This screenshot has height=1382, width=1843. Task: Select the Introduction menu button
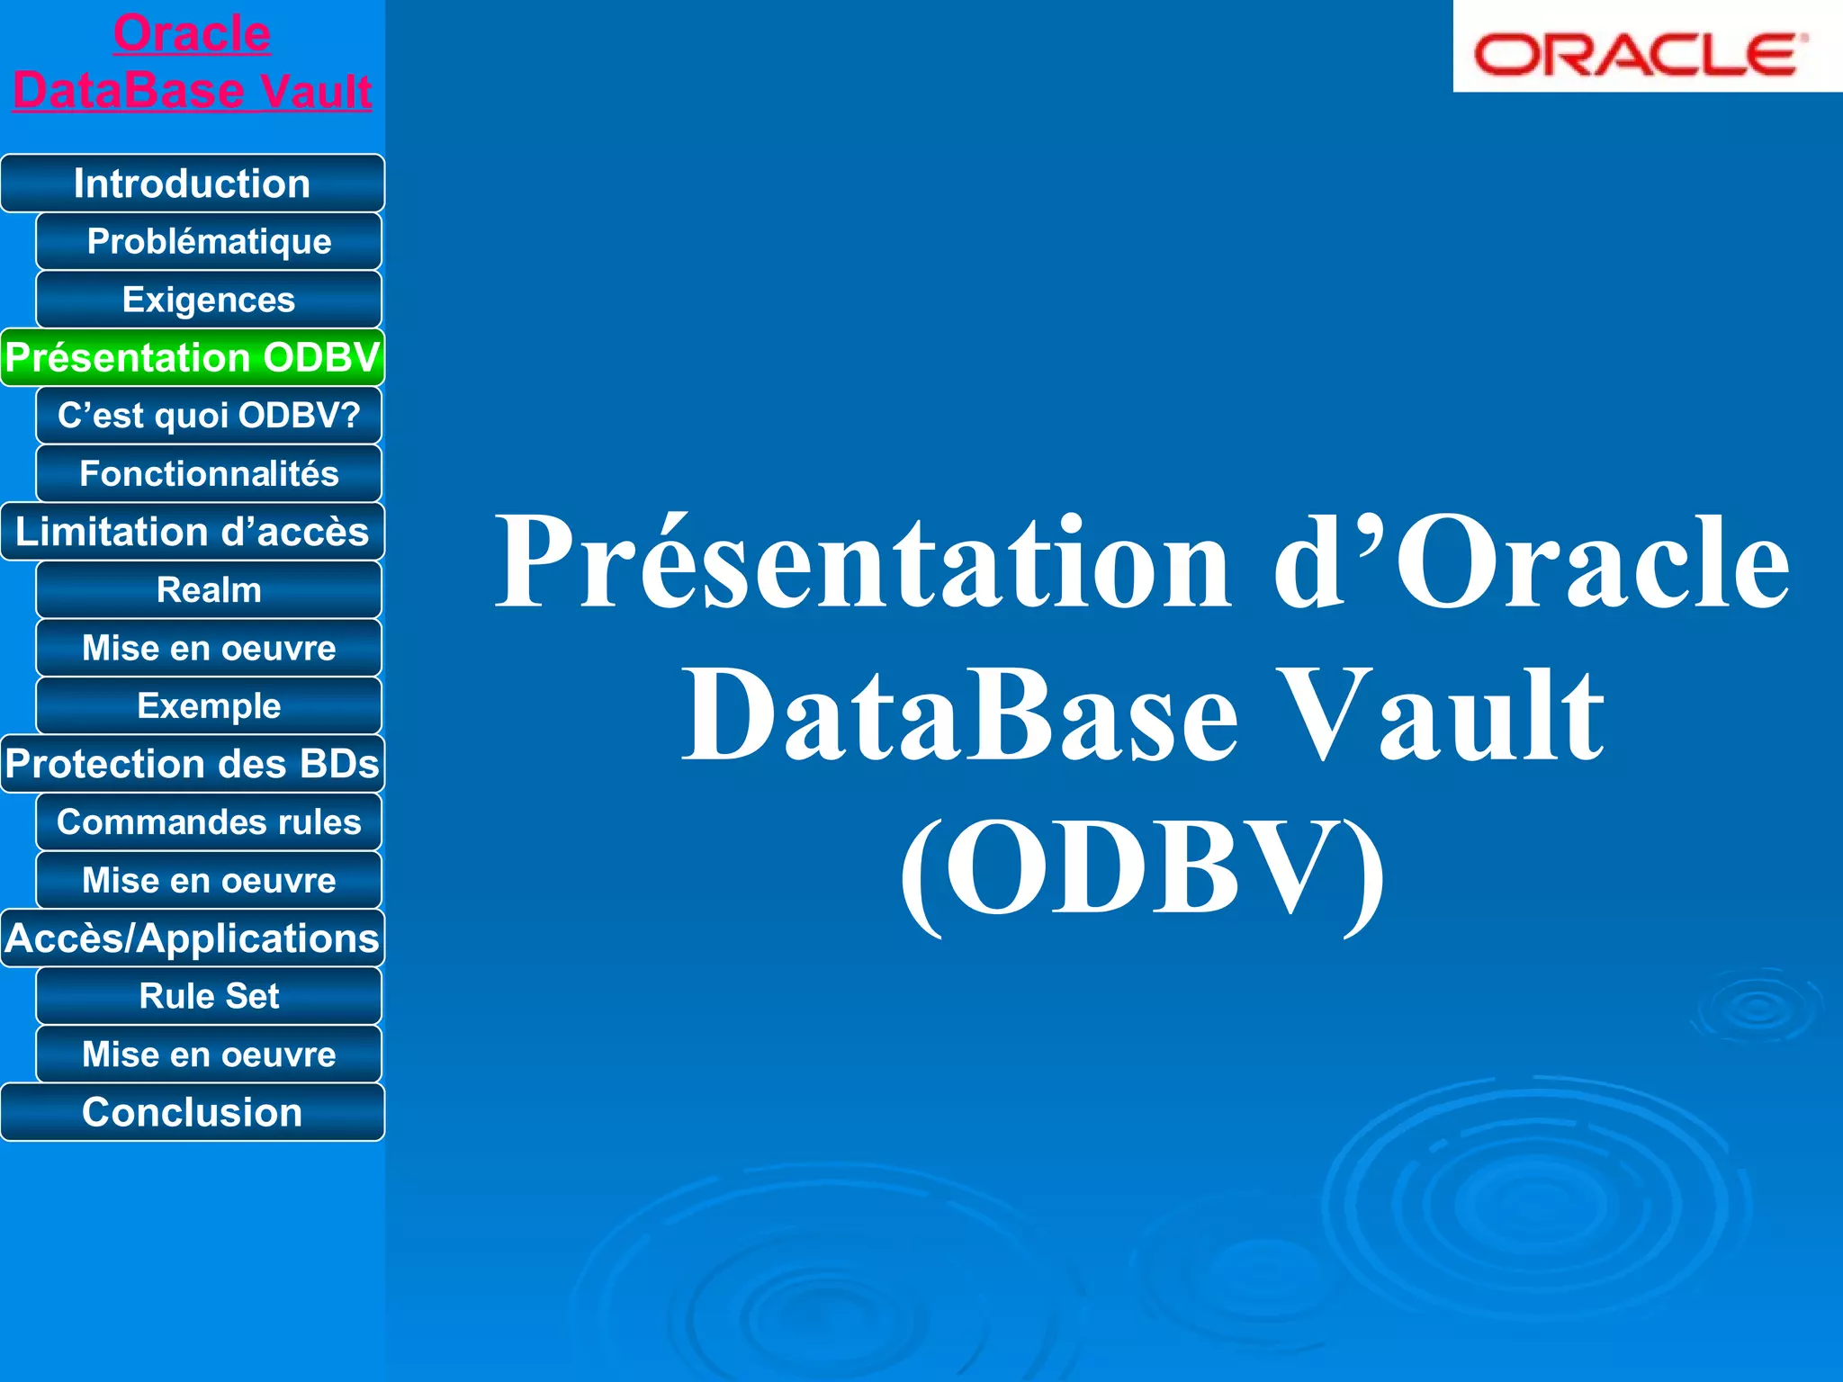[x=192, y=184]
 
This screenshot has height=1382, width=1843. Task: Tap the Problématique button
[x=209, y=241]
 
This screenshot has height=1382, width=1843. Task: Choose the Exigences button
[x=209, y=300]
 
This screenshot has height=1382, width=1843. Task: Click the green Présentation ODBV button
[x=192, y=357]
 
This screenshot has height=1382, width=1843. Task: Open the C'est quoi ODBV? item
[x=209, y=416]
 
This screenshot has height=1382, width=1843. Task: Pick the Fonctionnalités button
[x=209, y=473]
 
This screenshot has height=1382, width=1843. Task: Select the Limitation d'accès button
[x=192, y=532]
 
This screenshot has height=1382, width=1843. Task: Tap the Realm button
[x=209, y=590]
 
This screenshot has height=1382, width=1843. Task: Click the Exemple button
[x=209, y=706]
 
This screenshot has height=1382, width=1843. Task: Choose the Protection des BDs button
[x=192, y=764]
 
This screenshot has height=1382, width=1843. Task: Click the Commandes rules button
[x=209, y=822]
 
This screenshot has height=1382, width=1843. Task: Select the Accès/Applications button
[x=192, y=938]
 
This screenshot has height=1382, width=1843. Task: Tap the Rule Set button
[x=209, y=996]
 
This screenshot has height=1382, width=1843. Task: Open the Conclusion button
[x=192, y=1112]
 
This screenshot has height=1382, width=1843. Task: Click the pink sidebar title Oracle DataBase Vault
[x=192, y=63]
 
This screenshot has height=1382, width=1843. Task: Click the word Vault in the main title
[x=1440, y=715]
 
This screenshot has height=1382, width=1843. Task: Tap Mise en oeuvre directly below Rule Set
[x=209, y=1054]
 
